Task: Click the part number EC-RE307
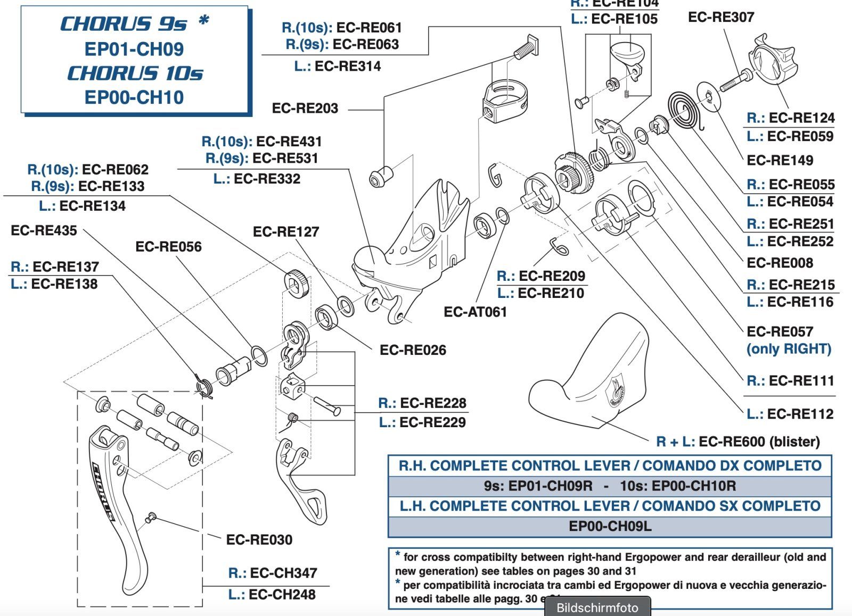[721, 18]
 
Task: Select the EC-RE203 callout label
[305, 109]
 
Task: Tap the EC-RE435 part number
[44, 231]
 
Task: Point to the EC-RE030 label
[259, 540]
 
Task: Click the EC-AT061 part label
[475, 312]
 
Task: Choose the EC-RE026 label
[413, 350]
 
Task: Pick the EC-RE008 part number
[780, 263]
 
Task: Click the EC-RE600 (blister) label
[738, 442]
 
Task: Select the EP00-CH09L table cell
[610, 526]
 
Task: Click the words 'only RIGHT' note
[789, 349]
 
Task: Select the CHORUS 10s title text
[135, 73]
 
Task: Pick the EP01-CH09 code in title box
[134, 49]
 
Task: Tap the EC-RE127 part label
[286, 232]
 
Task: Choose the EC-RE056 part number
[168, 247]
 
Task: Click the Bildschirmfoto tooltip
[597, 607]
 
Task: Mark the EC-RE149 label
[780, 161]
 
